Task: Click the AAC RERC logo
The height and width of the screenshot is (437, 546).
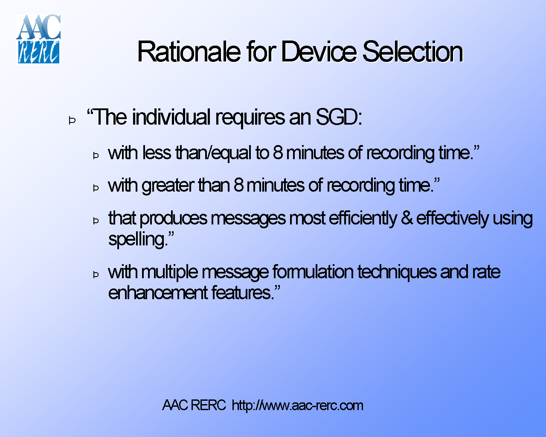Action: (x=38, y=39)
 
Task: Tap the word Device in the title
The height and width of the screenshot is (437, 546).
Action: (x=319, y=52)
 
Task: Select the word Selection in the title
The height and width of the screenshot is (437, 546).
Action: (x=412, y=52)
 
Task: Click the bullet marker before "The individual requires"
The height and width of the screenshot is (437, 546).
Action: (x=72, y=121)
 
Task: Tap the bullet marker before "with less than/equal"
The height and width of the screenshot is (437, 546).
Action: (x=96, y=156)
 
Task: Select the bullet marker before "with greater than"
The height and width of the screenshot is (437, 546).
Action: (x=96, y=188)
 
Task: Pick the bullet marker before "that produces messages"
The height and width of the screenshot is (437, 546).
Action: (x=96, y=221)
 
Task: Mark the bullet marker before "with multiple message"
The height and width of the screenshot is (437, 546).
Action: (x=96, y=274)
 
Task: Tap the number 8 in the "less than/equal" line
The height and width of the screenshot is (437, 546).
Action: (x=278, y=153)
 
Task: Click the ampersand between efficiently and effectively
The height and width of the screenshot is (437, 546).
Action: (x=407, y=218)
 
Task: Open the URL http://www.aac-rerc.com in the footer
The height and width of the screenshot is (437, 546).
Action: (x=297, y=405)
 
